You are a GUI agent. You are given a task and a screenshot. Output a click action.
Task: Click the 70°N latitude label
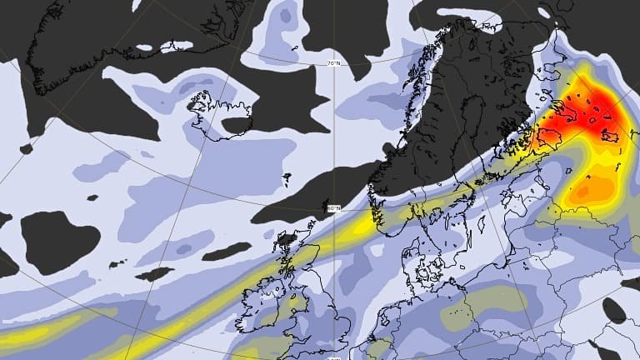[333, 63]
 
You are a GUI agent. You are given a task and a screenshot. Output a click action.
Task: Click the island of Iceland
[220, 115]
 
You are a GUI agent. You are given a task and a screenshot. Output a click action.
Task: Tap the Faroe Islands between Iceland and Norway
[287, 177]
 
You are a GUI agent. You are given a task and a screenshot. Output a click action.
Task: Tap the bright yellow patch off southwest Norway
[367, 222]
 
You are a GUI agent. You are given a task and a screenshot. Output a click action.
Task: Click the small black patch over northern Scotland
[287, 239]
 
